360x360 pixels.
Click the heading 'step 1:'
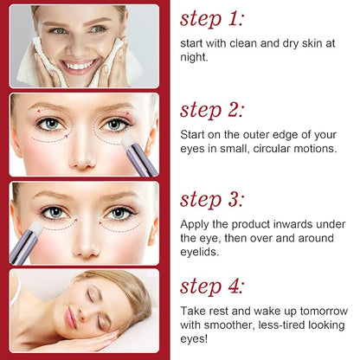pyautogui.click(x=212, y=19)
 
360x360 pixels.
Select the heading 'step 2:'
pyautogui.click(x=213, y=110)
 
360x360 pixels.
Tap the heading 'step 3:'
pyautogui.click(x=213, y=200)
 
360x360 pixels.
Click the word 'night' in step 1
pyautogui.click(x=195, y=55)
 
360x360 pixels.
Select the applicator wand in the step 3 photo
pyautogui.click(x=26, y=240)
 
